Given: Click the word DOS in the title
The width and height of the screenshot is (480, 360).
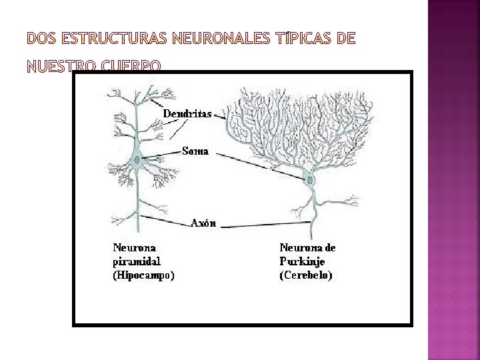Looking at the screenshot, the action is [41, 39].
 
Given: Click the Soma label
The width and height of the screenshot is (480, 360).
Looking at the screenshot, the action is [195, 151].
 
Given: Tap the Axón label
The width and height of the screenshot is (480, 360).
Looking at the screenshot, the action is [203, 223].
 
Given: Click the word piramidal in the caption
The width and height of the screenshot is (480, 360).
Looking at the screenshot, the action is [136, 261].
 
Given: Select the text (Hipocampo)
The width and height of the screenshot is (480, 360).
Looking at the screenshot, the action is [143, 274].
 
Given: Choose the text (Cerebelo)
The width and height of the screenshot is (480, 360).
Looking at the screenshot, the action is [306, 274].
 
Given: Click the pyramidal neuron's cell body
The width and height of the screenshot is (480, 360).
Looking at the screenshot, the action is [137, 160].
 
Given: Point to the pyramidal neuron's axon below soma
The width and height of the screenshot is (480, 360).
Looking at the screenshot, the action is [137, 200].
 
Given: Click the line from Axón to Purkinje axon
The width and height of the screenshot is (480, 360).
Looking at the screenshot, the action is [267, 224].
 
